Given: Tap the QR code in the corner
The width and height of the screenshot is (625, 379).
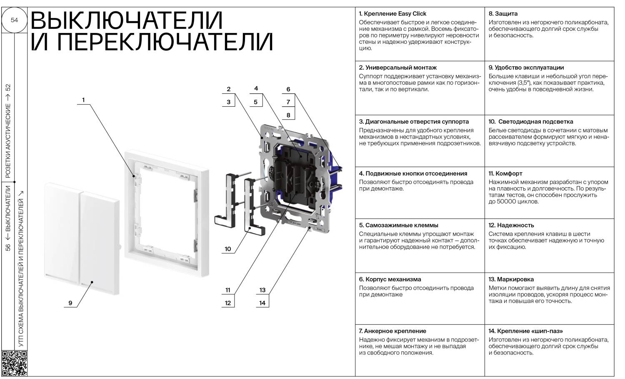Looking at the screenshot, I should click(14, 363).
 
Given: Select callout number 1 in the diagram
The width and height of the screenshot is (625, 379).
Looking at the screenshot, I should click(83, 100).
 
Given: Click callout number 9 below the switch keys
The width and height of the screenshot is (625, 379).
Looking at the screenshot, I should click(70, 303).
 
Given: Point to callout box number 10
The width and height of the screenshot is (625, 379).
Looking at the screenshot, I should click(228, 249).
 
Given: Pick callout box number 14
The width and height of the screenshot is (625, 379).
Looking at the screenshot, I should click(262, 303).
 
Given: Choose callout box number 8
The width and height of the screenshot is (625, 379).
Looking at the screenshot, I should click(288, 115).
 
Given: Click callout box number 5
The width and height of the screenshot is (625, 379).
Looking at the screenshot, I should click(256, 102).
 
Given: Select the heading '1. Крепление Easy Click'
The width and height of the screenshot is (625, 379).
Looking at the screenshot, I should click(392, 14).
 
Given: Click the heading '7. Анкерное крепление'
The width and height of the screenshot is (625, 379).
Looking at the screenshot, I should click(392, 331).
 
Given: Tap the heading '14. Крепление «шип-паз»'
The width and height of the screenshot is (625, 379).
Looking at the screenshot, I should click(526, 331).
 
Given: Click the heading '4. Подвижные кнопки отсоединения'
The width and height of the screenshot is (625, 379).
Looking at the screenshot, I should click(413, 173).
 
